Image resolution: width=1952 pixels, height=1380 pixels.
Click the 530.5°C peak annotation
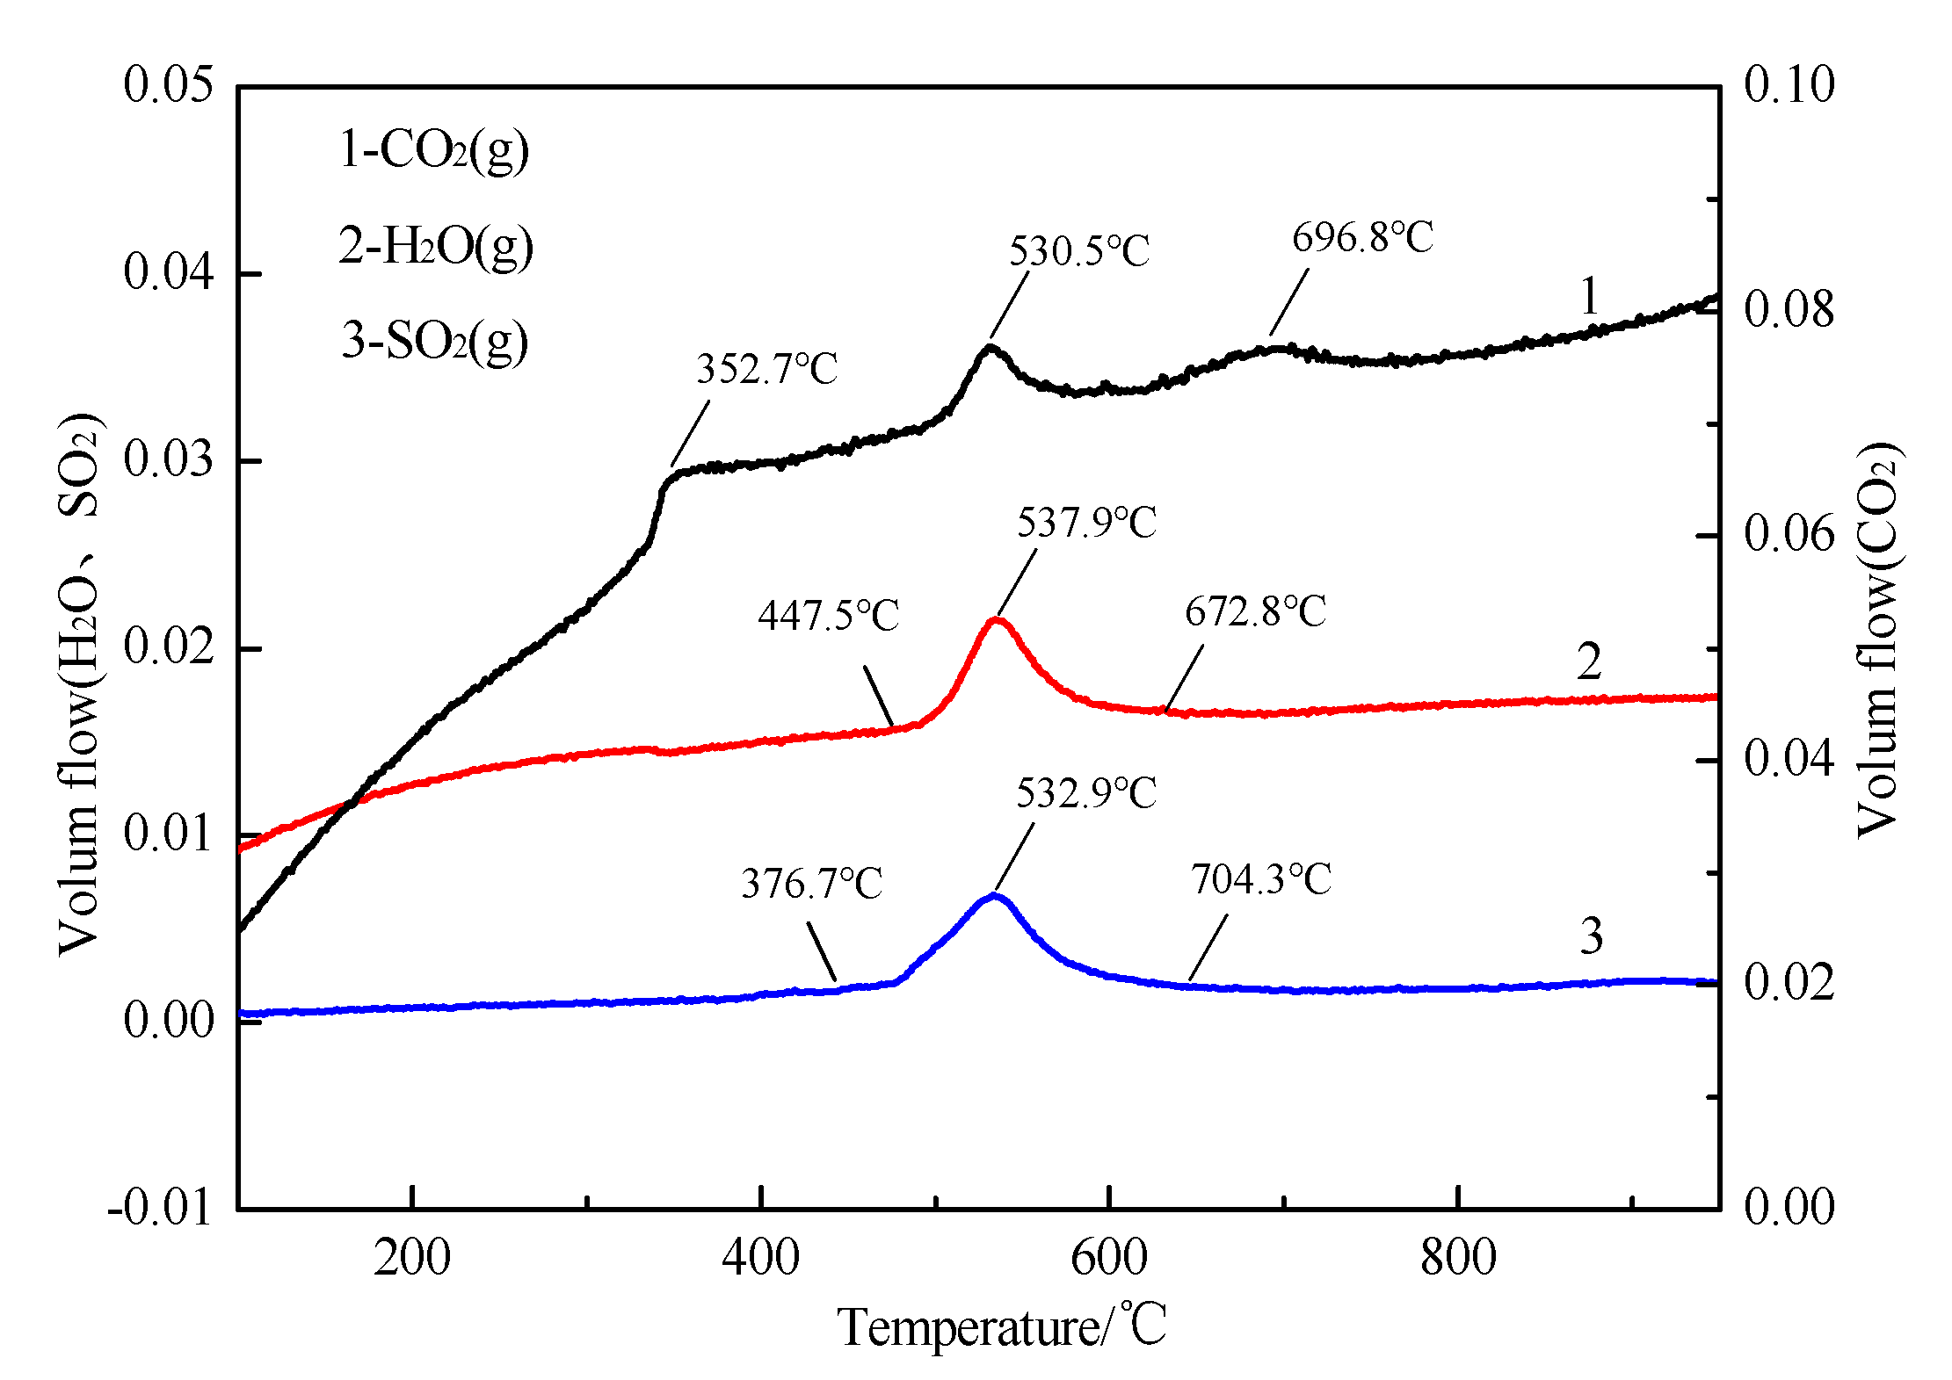click(1078, 252)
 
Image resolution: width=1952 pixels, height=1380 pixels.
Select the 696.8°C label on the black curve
click(1362, 238)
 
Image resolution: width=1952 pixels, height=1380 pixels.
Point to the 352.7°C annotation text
click(766, 370)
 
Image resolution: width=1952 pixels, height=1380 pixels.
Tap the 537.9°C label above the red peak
click(1086, 524)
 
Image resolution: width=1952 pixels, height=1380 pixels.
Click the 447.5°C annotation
click(828, 616)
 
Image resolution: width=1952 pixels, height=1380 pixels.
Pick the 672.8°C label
click(1255, 612)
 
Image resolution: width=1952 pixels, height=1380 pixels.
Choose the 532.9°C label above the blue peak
click(1086, 794)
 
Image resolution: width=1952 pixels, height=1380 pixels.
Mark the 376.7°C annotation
click(811, 884)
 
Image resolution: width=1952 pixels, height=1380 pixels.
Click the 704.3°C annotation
click(1261, 880)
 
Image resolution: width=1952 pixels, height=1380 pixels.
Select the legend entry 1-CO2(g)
click(434, 150)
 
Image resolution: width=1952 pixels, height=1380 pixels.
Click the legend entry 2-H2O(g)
click(436, 247)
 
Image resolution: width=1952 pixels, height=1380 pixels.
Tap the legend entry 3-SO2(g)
click(435, 341)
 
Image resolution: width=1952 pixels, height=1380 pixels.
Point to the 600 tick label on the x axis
click(1109, 1258)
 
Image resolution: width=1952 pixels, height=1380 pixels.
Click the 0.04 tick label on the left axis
click(169, 272)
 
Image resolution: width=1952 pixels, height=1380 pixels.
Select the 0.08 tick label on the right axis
click(1789, 310)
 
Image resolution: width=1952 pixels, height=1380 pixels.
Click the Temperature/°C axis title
click(1002, 1327)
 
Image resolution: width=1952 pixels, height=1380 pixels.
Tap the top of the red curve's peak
click(997, 620)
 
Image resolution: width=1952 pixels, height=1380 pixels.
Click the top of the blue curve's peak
click(994, 896)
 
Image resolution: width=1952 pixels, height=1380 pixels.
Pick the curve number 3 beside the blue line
click(1591, 936)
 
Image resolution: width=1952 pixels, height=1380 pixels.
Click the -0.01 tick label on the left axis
click(160, 1209)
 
